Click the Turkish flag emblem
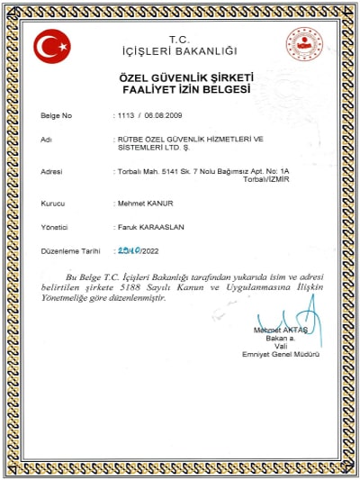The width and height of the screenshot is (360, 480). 51,45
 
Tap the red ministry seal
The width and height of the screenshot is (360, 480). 303,45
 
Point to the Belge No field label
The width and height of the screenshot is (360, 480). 57,117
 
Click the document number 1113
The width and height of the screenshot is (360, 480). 124,117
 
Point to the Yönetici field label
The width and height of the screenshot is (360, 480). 56,227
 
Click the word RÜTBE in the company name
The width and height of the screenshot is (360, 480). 129,140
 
